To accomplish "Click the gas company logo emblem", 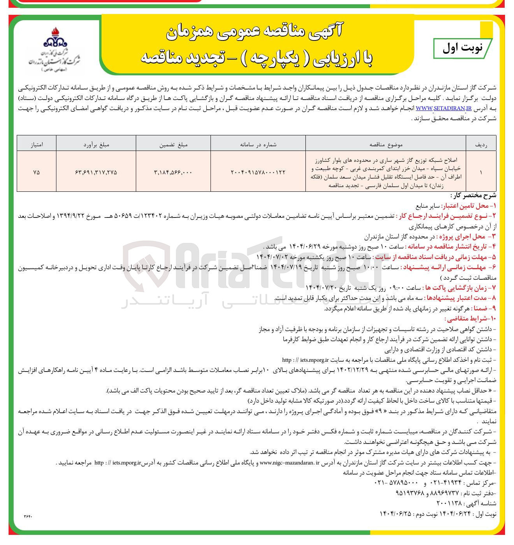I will pyautogui.click(x=55, y=38).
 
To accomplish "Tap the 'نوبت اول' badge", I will pyautogui.click(x=462, y=48).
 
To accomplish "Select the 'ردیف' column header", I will pyautogui.click(x=481, y=144).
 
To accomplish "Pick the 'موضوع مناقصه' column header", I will pyautogui.click(x=386, y=144).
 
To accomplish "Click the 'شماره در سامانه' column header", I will pyautogui.click(x=258, y=144).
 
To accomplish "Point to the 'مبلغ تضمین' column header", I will pyautogui.click(x=174, y=144).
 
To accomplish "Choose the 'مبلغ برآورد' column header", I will pyautogui.click(x=96, y=144).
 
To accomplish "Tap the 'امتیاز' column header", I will pyautogui.click(x=37, y=144).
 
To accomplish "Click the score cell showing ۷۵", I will pyautogui.click(x=37, y=172).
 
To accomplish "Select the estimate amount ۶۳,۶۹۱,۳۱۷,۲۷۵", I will pyautogui.click(x=96, y=172).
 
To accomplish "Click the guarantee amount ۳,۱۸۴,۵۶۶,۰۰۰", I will pyautogui.click(x=174, y=172).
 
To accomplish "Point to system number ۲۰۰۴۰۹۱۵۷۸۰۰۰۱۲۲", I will pyautogui.click(x=258, y=172).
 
